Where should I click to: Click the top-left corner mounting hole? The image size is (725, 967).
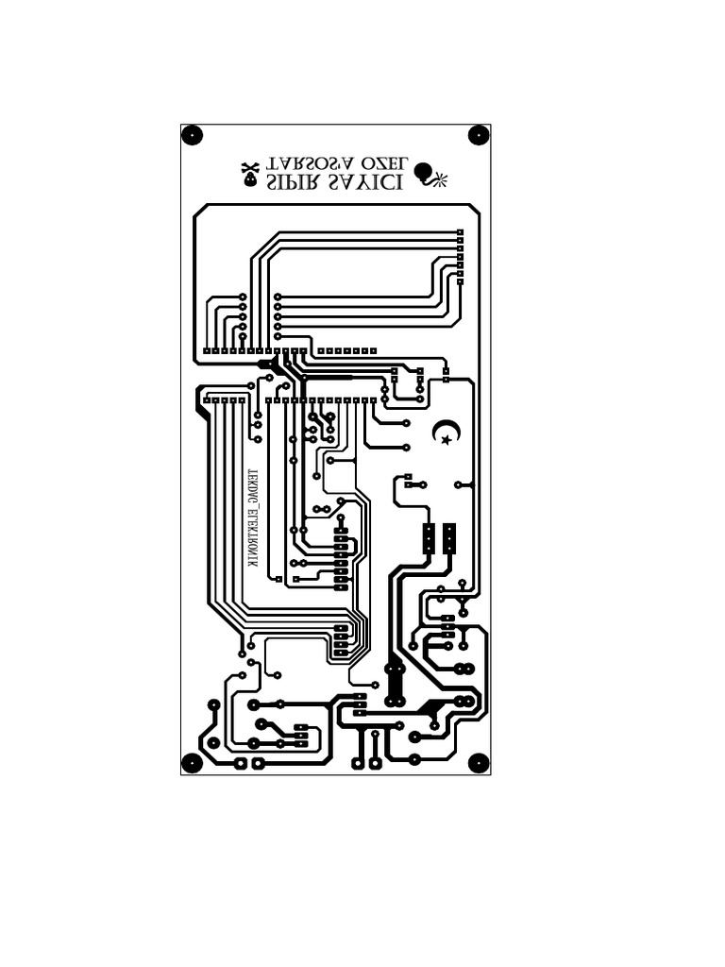(x=192, y=135)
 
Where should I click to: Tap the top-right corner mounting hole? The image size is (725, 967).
(x=479, y=135)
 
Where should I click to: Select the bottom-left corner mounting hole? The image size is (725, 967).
(x=192, y=762)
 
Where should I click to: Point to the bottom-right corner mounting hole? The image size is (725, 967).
(x=479, y=762)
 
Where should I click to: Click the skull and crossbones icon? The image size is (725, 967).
(x=250, y=173)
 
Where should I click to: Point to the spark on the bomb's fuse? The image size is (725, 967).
(x=441, y=179)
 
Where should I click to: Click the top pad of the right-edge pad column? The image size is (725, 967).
(x=461, y=232)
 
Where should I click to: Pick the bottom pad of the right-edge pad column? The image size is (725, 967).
(x=461, y=280)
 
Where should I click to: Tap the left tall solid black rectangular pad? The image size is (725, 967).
(x=428, y=539)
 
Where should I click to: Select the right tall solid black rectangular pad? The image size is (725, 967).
(x=449, y=539)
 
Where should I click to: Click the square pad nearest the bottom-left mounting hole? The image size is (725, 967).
(x=240, y=762)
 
